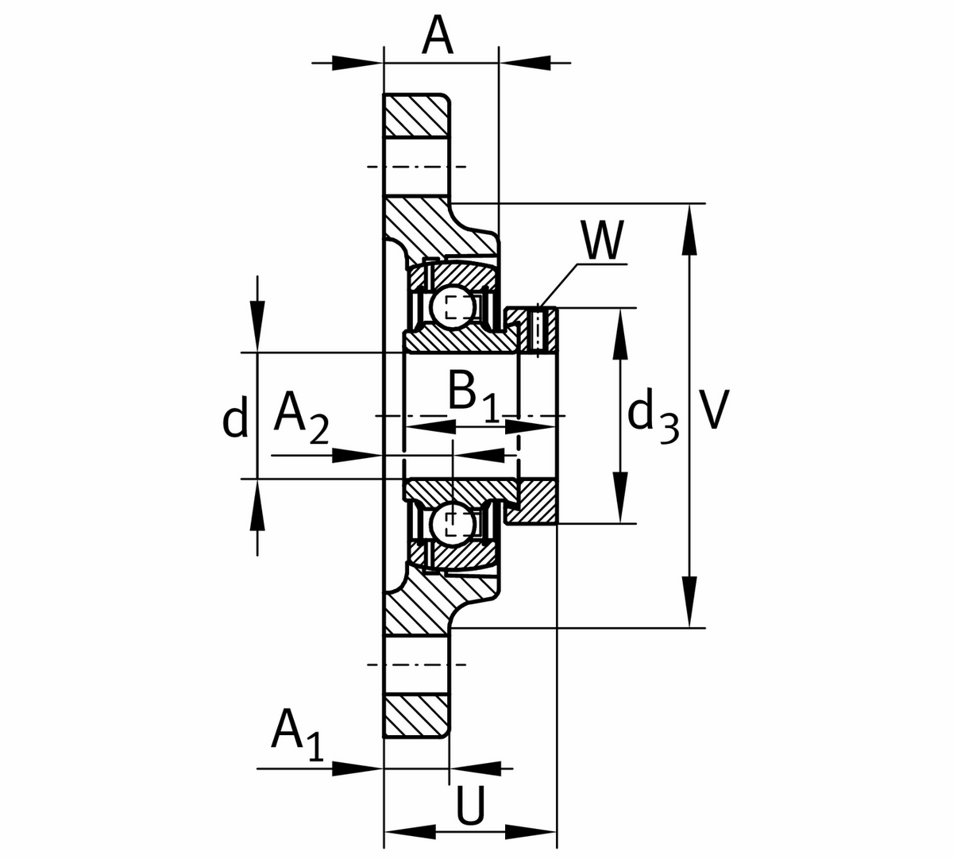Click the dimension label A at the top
[x=438, y=36]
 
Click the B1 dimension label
[x=473, y=394]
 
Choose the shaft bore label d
[x=235, y=418]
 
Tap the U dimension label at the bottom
[x=469, y=807]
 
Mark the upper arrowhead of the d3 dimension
[x=620, y=333]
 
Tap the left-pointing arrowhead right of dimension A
[x=525, y=61]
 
